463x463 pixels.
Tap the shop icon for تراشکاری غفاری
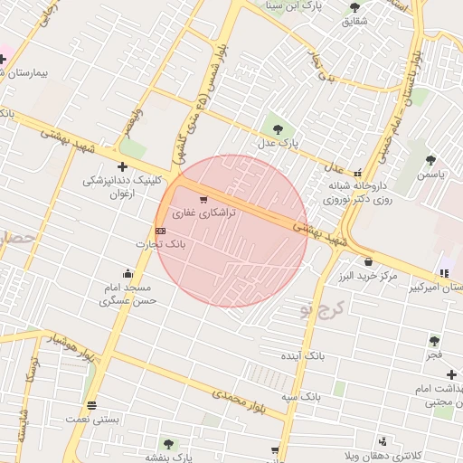(x=203, y=200)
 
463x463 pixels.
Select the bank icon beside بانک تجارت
(x=160, y=231)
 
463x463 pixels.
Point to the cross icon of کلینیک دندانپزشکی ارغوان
(x=122, y=166)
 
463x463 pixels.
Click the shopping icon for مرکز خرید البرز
(x=368, y=262)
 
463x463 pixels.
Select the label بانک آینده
(x=300, y=357)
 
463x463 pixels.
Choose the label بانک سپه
(x=301, y=397)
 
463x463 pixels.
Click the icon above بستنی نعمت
(x=90, y=404)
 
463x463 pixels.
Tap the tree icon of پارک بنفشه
(x=167, y=443)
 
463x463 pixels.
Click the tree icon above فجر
(x=435, y=340)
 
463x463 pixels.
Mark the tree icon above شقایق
(x=354, y=8)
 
